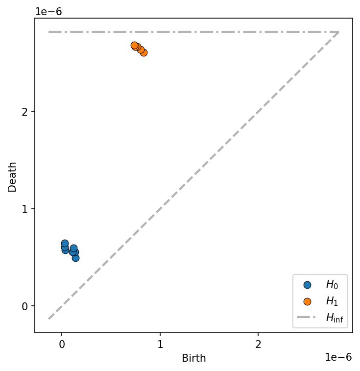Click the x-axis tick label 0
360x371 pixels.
tap(62, 344)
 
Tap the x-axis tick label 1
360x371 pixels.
tap(160, 344)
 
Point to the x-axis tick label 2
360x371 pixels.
tap(258, 344)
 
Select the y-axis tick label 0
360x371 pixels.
tap(27, 306)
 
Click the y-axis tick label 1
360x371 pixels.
tap(27, 209)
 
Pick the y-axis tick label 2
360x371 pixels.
tap(27, 112)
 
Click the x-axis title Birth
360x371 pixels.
tap(193, 358)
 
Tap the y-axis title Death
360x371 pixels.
tap(12, 176)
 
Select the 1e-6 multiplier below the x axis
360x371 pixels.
tap(338, 357)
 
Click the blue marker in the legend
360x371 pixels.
tap(307, 285)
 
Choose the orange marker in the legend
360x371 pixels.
tap(307, 301)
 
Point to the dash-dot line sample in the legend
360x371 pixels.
tap(307, 318)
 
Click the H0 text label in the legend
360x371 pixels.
tap(332, 285)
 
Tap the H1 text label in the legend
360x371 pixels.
tap(332, 301)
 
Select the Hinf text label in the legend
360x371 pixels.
tap(334, 318)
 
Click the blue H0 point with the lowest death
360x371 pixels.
tap(75, 258)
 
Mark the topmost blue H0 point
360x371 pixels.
tap(65, 243)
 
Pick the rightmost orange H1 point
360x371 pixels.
tap(144, 52)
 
